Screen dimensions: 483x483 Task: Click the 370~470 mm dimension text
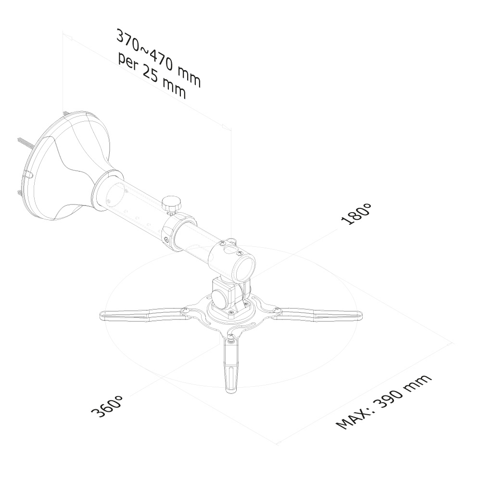(x=159, y=59)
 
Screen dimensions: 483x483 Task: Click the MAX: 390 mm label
(x=383, y=402)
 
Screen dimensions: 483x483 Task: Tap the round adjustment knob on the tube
(x=171, y=204)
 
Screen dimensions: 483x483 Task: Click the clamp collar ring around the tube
(x=178, y=229)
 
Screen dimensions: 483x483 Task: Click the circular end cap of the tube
(x=245, y=267)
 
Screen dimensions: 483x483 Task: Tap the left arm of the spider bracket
(x=142, y=315)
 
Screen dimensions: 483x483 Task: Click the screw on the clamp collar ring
(x=166, y=239)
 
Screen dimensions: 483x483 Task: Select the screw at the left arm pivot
(x=185, y=311)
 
